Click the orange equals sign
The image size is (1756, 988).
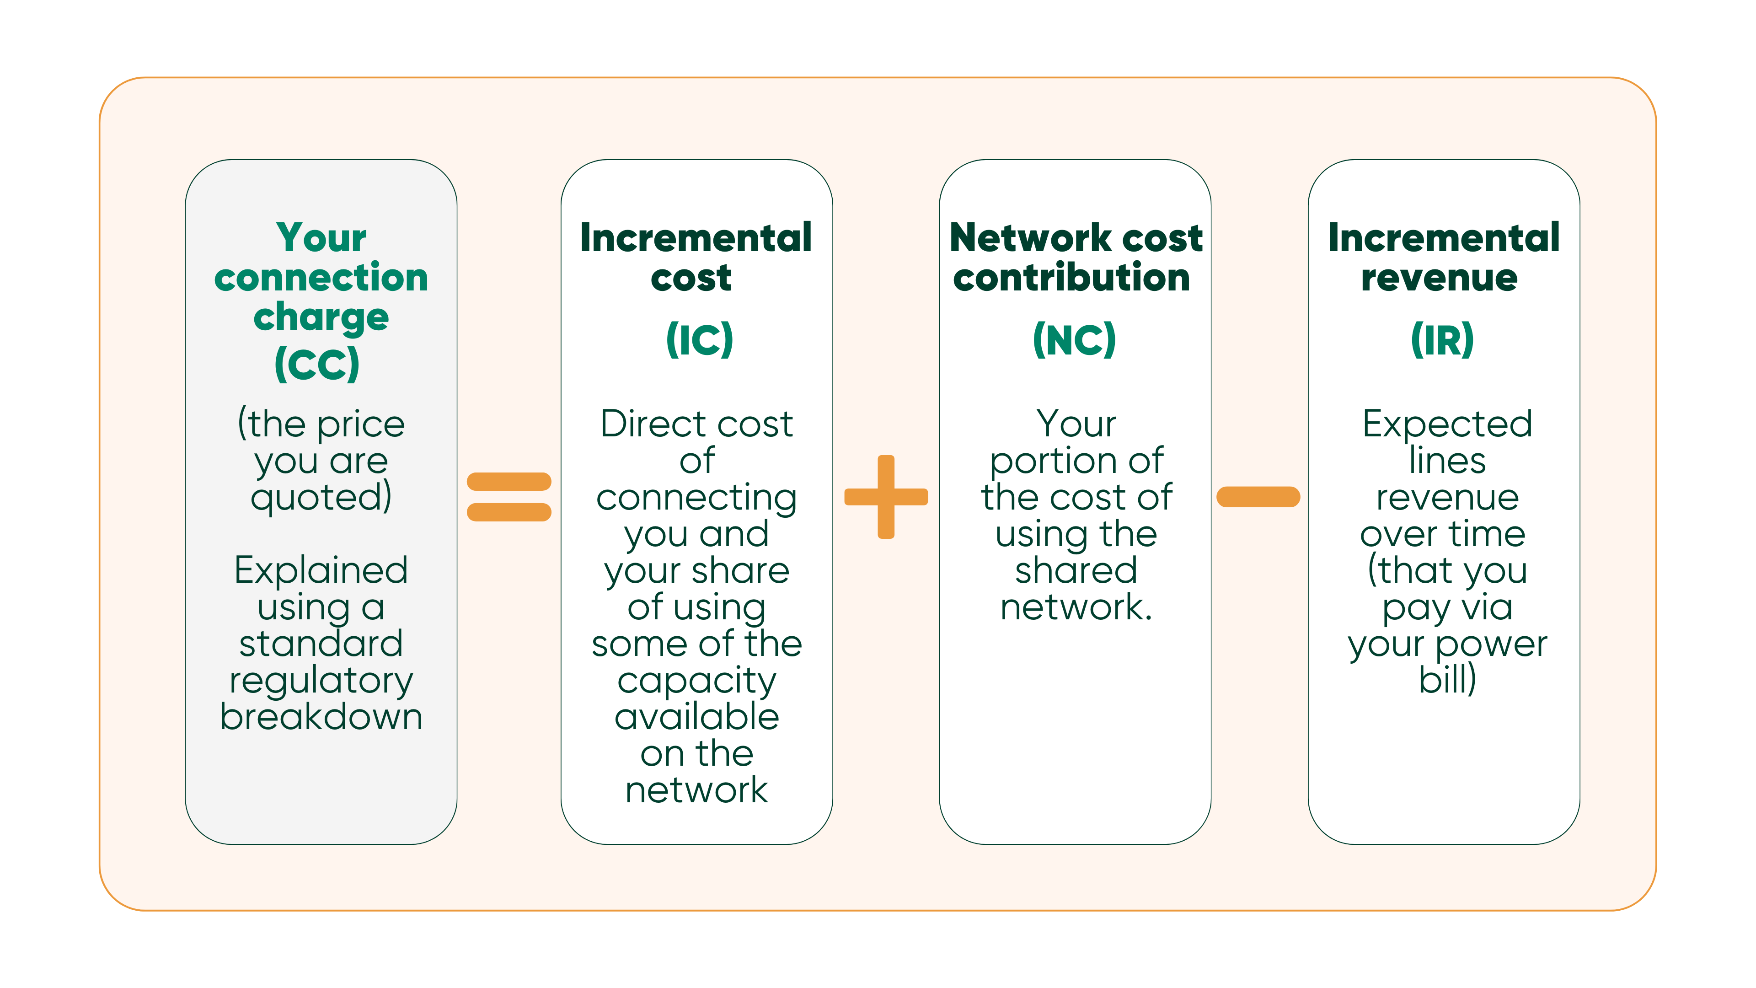(x=509, y=496)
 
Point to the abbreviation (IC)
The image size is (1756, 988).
(x=699, y=339)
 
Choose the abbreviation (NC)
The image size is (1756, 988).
(x=1074, y=339)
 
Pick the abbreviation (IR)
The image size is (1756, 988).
(x=1442, y=339)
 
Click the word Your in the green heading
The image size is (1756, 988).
(x=321, y=237)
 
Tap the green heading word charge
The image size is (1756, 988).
(x=321, y=317)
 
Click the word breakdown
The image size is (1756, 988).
(x=321, y=717)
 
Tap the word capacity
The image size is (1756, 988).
(x=696, y=681)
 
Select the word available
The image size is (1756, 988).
(x=696, y=717)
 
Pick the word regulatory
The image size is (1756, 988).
(x=321, y=681)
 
